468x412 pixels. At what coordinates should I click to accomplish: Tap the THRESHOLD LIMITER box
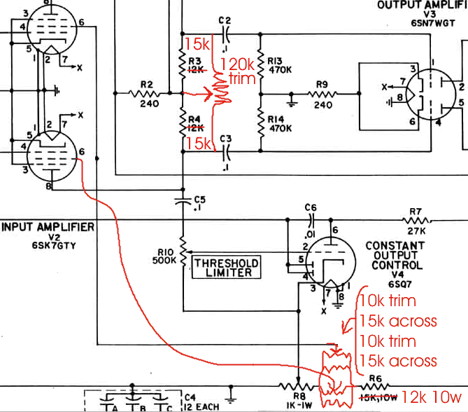[226, 266]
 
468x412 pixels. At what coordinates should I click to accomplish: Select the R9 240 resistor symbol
[322, 93]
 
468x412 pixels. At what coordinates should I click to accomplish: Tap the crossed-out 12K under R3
[196, 69]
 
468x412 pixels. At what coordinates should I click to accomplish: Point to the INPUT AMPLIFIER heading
[48, 227]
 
